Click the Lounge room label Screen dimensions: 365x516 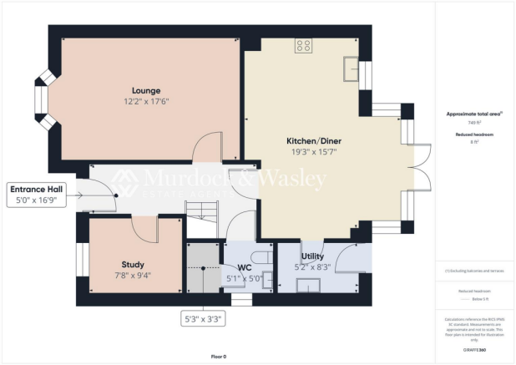(146, 90)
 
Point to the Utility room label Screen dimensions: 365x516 (312, 256)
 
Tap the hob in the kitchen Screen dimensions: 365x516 (302, 47)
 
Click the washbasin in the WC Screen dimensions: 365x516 (267, 281)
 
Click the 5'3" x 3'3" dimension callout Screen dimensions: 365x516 (202, 318)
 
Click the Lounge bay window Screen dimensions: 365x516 (42, 101)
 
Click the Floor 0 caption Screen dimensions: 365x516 (218, 356)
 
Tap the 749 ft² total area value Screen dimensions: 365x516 (473, 123)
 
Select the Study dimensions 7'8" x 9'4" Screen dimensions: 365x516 (134, 275)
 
